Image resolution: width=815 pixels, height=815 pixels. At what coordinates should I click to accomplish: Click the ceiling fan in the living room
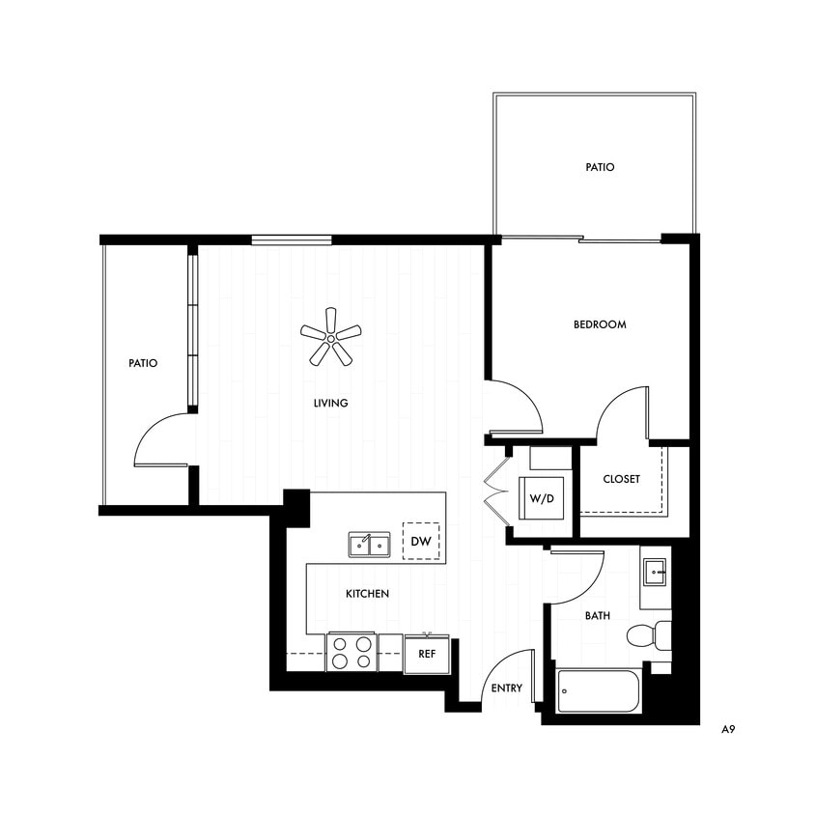330,337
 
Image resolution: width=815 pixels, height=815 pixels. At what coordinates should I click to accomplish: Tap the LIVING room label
330,403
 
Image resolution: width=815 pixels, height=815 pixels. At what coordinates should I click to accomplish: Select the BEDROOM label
600,324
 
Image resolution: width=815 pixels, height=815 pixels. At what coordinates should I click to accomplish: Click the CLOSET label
621,479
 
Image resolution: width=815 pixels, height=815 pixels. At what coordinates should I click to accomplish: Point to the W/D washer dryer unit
541,498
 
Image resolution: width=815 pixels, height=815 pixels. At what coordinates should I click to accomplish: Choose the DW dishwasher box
420,542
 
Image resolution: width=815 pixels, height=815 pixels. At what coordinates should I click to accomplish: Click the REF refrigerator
426,653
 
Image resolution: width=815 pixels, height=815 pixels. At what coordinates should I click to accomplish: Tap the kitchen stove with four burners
351,652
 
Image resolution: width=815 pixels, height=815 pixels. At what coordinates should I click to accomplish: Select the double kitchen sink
369,546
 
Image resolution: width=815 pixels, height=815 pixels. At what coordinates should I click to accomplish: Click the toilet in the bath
648,634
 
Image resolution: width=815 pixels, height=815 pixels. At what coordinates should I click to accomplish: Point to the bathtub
599,691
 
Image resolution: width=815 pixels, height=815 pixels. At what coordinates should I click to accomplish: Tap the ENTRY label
506,689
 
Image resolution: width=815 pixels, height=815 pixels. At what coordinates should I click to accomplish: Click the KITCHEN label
367,594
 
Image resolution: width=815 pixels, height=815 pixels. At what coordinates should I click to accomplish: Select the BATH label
596,615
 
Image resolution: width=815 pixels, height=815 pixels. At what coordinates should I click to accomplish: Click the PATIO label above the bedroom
600,167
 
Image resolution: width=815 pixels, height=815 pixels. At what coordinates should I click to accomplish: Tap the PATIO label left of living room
143,364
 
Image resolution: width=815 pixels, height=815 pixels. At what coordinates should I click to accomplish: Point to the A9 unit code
729,731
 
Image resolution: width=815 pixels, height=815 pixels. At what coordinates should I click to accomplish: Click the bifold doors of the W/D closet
498,492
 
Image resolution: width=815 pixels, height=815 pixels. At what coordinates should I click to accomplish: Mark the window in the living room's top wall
292,239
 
